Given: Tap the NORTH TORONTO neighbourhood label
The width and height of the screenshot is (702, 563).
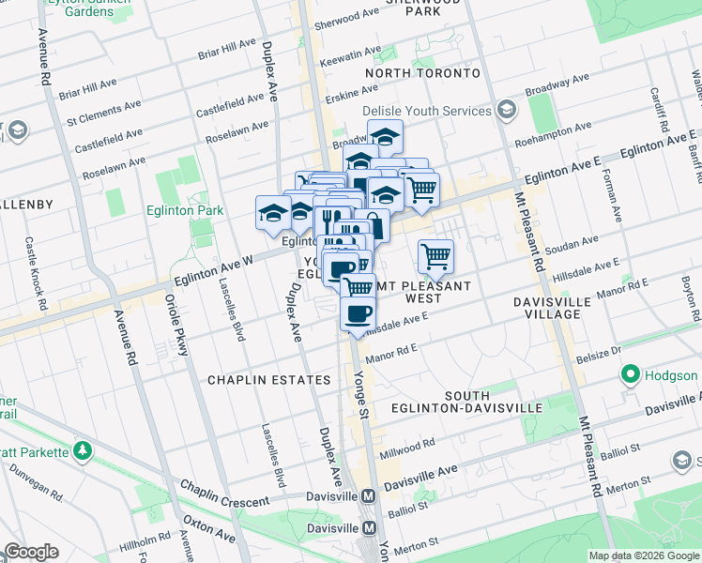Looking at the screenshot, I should click(x=422, y=73).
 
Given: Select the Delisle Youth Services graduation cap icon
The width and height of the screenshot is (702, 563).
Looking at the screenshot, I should click(x=507, y=111).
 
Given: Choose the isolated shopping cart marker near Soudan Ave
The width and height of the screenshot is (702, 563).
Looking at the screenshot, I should click(x=435, y=255).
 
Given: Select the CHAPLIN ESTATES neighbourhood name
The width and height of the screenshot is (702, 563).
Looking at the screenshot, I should click(x=268, y=380).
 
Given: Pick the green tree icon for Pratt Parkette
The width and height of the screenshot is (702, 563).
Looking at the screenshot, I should click(x=84, y=452).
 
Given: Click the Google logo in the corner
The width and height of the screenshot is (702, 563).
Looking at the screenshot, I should click(x=31, y=552).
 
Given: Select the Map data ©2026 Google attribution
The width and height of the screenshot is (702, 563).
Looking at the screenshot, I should click(x=644, y=556).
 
